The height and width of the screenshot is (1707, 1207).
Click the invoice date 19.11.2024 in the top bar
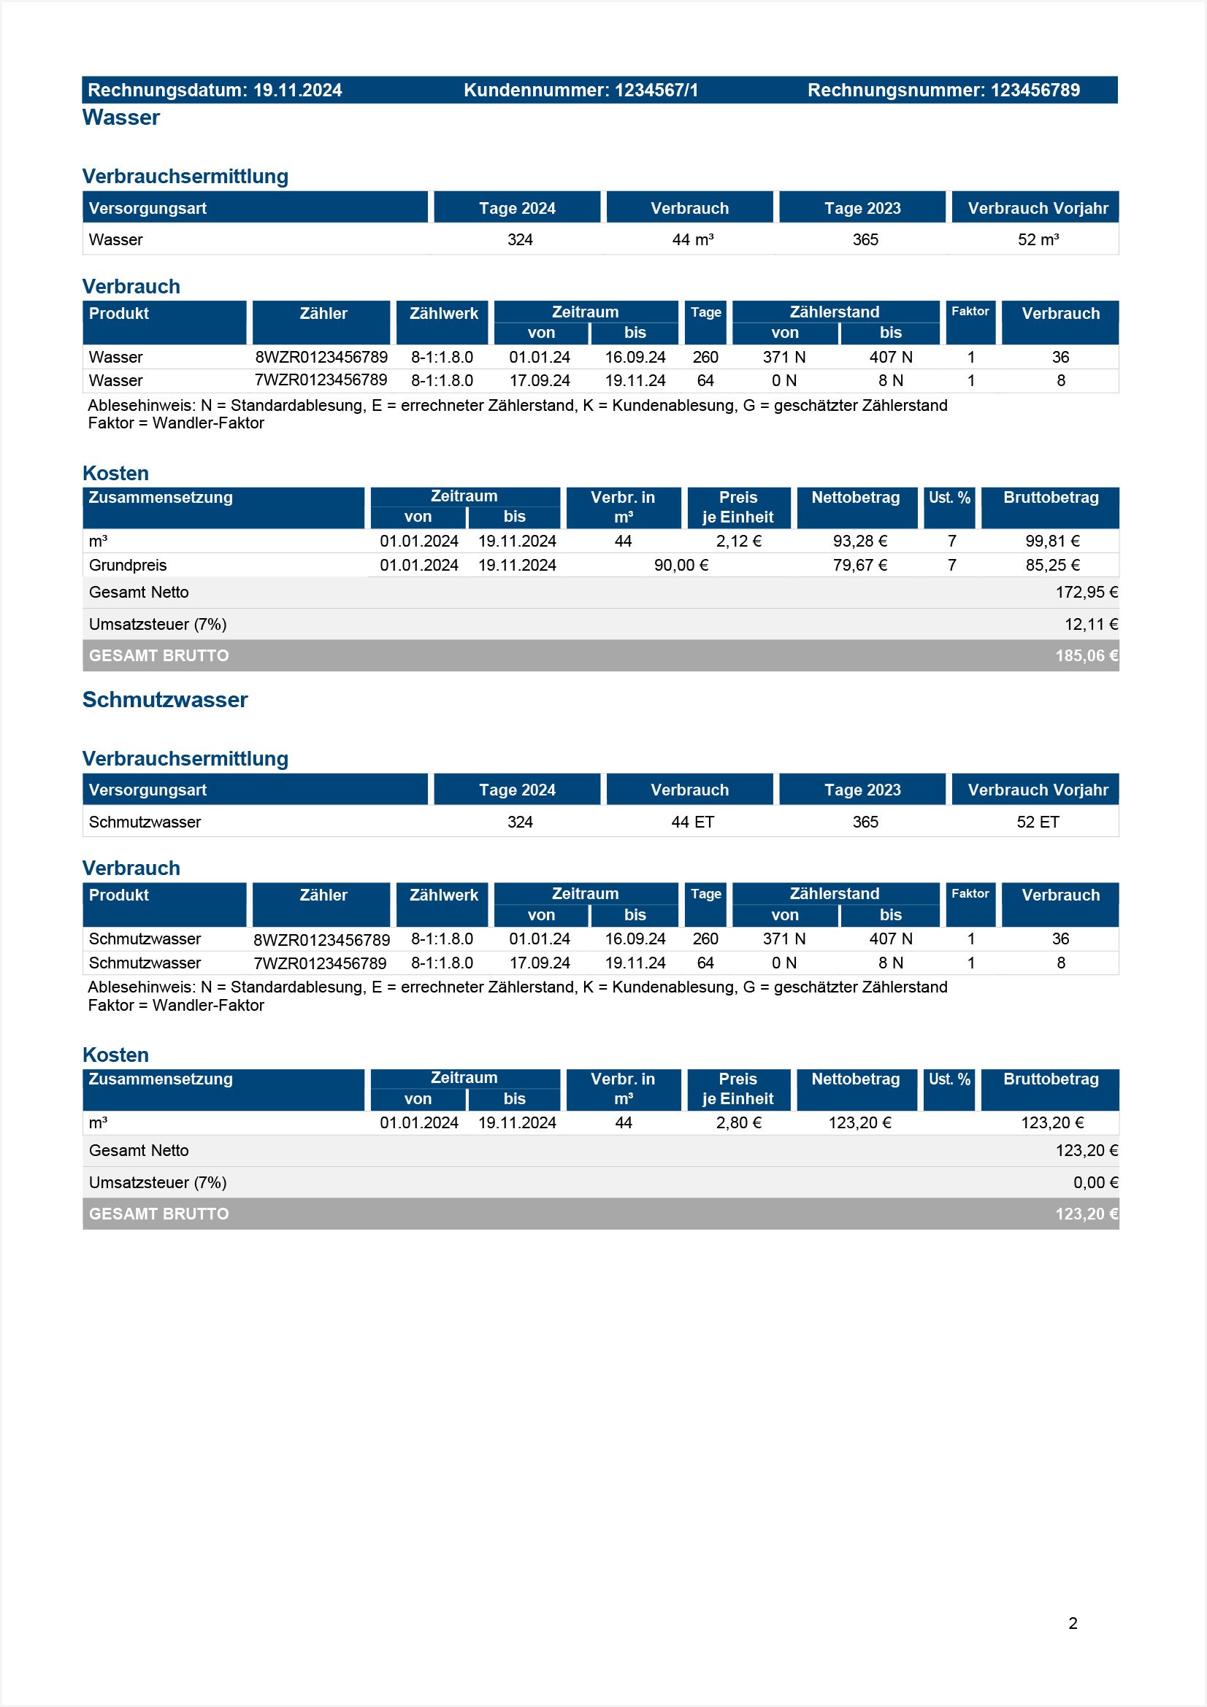click(x=296, y=90)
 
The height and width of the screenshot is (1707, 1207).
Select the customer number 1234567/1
click(x=656, y=90)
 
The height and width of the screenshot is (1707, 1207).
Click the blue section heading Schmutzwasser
click(x=164, y=700)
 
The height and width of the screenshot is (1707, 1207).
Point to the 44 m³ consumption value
click(x=692, y=239)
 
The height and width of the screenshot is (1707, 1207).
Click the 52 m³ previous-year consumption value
click(x=1038, y=239)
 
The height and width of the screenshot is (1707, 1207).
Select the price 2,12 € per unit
click(x=737, y=542)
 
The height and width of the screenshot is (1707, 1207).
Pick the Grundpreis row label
click(x=127, y=565)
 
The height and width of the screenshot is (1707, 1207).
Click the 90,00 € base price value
click(x=681, y=565)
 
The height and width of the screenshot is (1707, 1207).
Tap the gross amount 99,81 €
click(x=1051, y=542)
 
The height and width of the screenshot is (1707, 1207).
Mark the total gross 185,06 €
click(x=1086, y=656)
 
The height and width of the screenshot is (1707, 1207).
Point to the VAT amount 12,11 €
click(x=1090, y=625)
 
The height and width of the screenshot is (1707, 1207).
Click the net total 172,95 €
click(x=1086, y=593)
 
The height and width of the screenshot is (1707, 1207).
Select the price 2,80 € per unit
click(x=737, y=1122)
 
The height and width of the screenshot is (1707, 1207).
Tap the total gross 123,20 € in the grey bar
click(x=1086, y=1214)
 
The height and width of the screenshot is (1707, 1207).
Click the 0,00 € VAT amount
click(x=1095, y=1183)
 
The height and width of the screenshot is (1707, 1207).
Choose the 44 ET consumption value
click(x=692, y=822)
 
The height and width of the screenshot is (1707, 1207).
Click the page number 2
click(x=1073, y=1623)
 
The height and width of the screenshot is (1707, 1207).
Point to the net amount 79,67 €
click(x=859, y=565)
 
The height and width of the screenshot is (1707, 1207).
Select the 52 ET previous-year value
click(x=1038, y=822)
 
